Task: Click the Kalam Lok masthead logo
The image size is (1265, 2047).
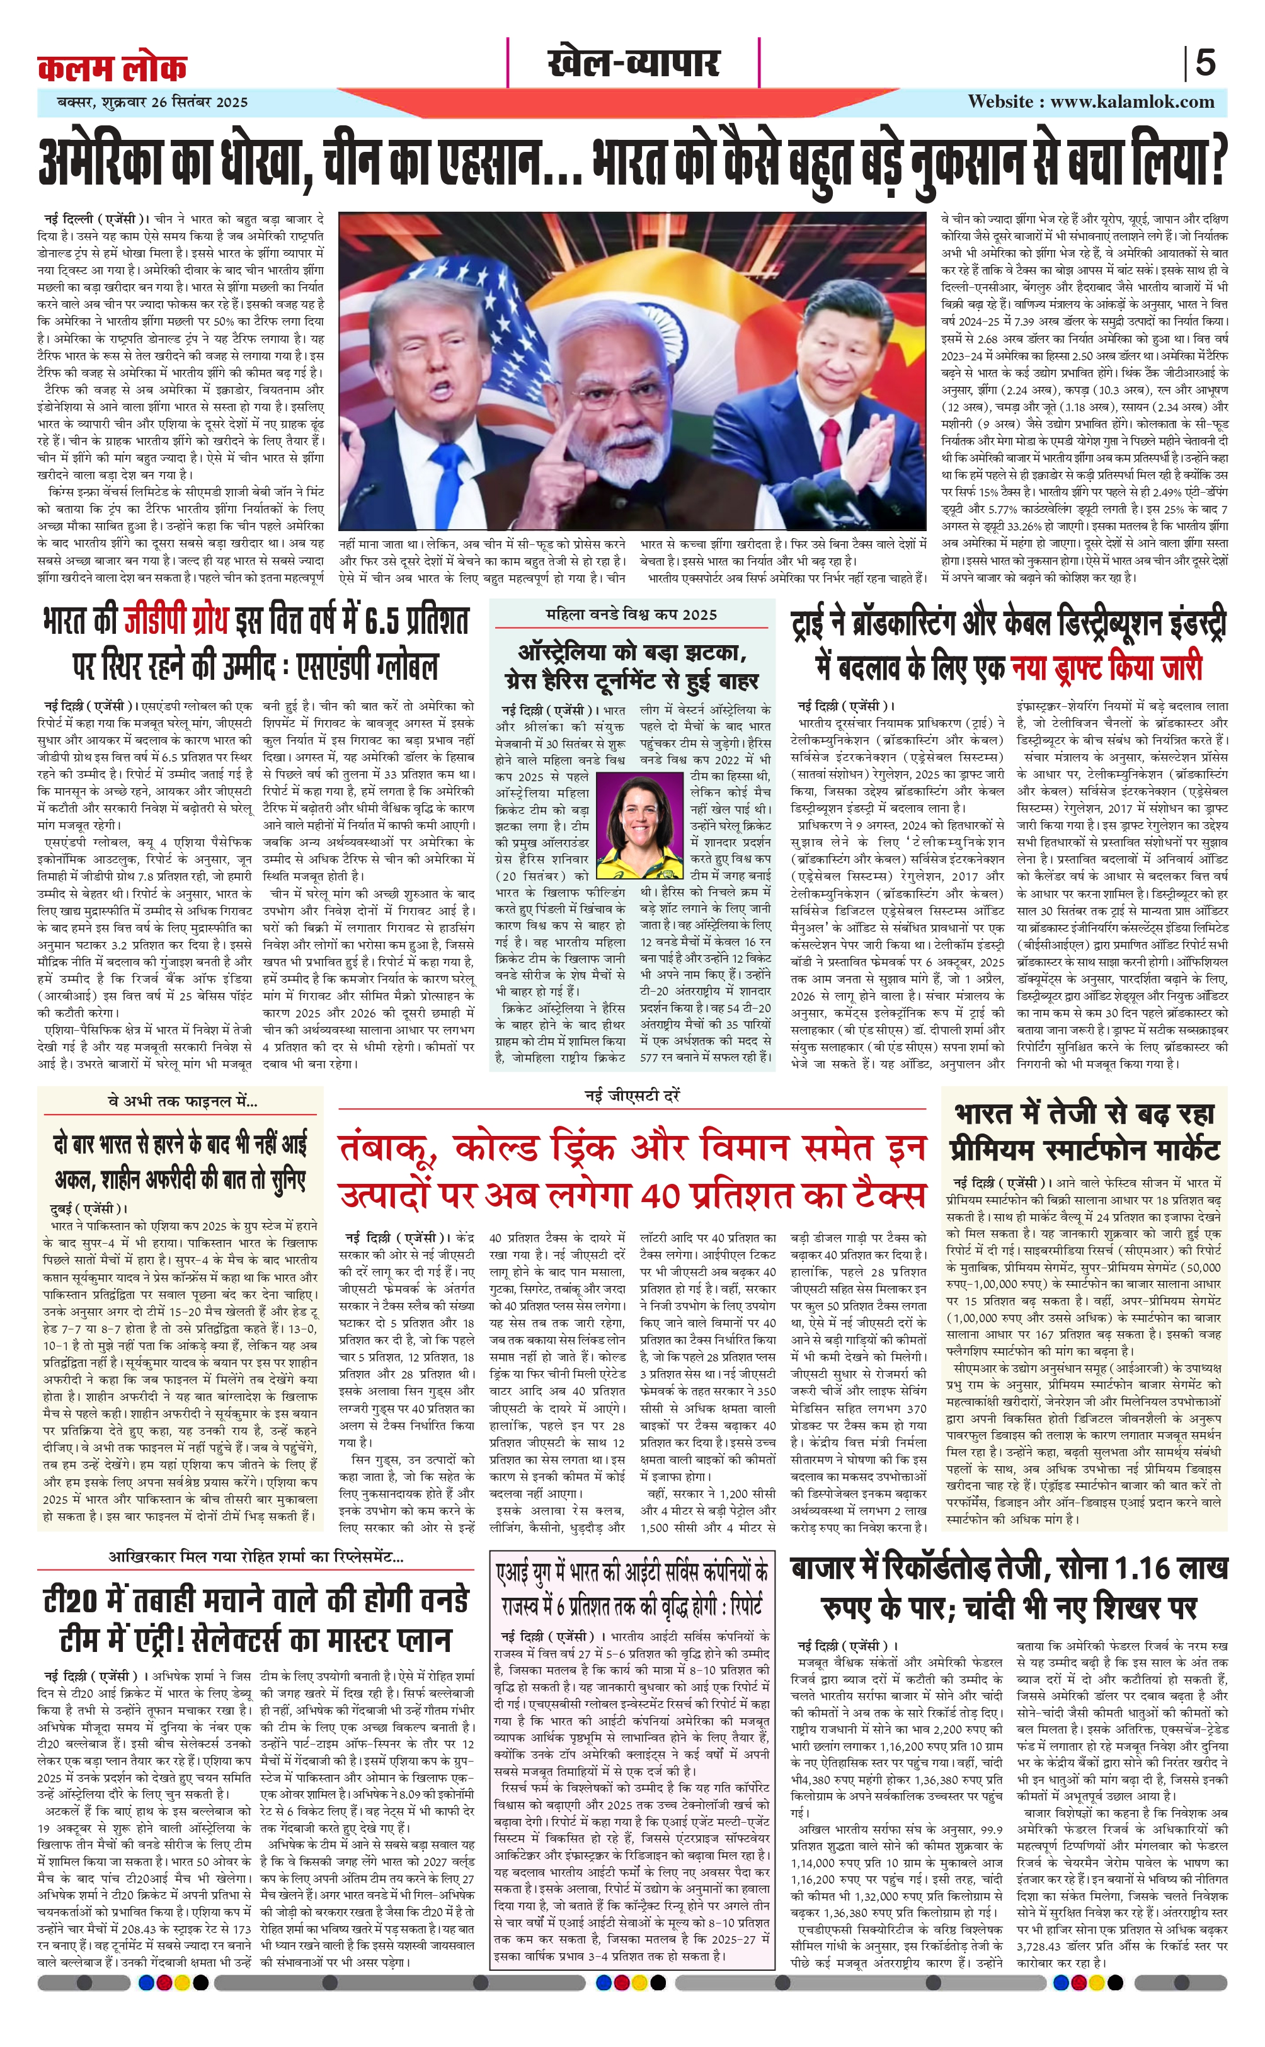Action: click(x=112, y=67)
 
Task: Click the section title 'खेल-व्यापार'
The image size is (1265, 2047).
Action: click(x=633, y=63)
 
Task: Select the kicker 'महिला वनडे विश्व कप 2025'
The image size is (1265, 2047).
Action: click(x=632, y=615)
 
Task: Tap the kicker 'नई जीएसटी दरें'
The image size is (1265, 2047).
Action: click(x=632, y=1096)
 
